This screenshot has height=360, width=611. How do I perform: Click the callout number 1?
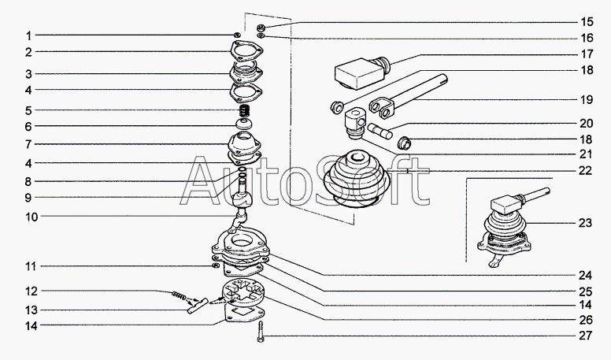[28, 36]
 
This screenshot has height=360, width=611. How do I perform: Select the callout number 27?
[585, 336]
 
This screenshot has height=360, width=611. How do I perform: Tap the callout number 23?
[585, 223]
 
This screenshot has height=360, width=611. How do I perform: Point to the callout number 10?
[32, 217]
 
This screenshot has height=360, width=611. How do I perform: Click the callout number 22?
[585, 170]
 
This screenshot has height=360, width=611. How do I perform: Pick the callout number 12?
[32, 291]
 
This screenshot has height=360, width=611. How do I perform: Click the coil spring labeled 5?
[244, 111]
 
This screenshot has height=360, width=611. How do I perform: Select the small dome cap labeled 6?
[244, 124]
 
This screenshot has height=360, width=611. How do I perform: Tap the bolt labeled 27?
[261, 332]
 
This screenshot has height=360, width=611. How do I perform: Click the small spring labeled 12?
[179, 295]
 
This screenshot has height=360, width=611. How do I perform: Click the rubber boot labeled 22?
[357, 178]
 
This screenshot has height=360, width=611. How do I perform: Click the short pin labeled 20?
[380, 131]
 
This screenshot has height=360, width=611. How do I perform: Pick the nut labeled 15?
[261, 28]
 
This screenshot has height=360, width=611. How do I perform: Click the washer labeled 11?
[215, 266]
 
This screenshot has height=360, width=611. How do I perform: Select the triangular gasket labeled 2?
[246, 51]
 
